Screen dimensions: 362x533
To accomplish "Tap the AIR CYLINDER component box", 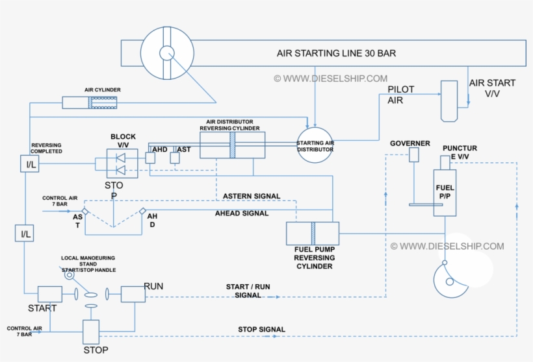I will click(x=90, y=102).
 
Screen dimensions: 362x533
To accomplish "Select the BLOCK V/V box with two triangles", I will click(x=122, y=163).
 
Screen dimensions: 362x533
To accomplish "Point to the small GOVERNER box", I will click(x=414, y=154).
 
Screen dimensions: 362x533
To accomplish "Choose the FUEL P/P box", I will click(x=445, y=192).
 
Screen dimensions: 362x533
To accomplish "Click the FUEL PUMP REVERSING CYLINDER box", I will click(x=313, y=234).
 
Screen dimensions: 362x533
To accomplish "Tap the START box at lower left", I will click(x=49, y=295).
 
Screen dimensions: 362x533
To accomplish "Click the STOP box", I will click(x=91, y=332).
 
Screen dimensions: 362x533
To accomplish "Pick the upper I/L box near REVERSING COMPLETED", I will click(x=30, y=163).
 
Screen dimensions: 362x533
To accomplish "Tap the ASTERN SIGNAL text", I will click(x=252, y=196).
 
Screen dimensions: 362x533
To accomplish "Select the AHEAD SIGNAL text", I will click(x=242, y=213).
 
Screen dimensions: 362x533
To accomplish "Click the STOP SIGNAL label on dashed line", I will click(x=261, y=330).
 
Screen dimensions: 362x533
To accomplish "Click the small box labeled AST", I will click(x=174, y=158).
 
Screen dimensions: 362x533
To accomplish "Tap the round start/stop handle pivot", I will click(x=69, y=276).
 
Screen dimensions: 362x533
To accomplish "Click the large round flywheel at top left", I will click(x=168, y=53).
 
